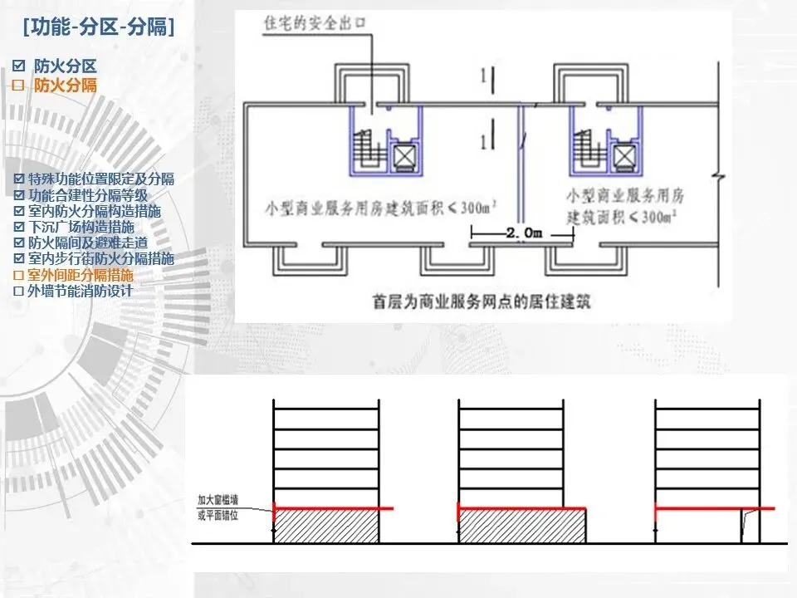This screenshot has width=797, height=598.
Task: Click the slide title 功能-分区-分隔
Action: [x=99, y=27]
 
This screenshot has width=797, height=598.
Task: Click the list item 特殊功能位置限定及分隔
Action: [x=101, y=179]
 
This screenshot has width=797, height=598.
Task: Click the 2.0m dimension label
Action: [x=523, y=234]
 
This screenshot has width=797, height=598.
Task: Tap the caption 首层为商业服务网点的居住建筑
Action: [x=482, y=300]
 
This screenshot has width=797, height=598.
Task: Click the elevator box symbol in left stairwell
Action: [x=405, y=155]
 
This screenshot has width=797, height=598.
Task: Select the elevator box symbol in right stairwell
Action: [x=624, y=155]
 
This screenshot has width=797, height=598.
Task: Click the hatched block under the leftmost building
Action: [x=327, y=527]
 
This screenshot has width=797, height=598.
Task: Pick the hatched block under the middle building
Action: [x=524, y=527]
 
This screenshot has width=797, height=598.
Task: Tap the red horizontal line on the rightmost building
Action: [x=715, y=507]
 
